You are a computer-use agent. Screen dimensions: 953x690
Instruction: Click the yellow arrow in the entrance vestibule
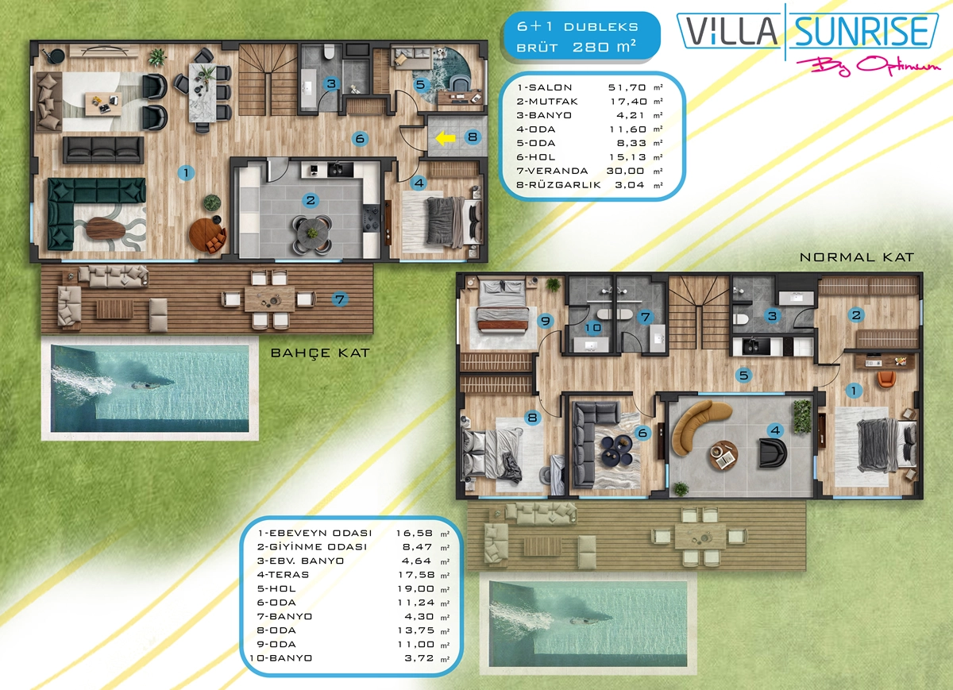(445, 138)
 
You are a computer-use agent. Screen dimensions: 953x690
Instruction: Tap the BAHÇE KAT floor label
(320, 353)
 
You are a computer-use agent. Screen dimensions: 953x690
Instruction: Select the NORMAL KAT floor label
(857, 257)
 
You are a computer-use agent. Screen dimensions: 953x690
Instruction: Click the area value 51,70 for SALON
(627, 87)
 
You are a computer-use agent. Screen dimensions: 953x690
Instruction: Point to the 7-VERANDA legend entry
(552, 171)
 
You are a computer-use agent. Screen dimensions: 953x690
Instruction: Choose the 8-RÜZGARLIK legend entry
(558, 185)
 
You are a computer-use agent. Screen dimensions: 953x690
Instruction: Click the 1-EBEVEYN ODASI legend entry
(314, 533)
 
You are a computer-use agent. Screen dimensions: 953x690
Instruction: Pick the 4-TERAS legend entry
(283, 575)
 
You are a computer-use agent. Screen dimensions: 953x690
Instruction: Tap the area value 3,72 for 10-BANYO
(419, 658)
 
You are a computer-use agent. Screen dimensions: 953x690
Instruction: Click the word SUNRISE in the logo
(861, 32)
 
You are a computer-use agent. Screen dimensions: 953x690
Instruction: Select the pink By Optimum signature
(868, 67)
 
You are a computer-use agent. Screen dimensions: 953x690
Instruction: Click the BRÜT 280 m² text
(577, 46)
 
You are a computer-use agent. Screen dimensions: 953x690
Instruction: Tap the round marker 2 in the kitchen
(311, 200)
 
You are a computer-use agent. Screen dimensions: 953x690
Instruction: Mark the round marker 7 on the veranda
(340, 299)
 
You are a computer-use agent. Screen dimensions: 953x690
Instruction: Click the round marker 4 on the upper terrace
(775, 430)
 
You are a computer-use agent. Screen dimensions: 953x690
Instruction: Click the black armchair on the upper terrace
(772, 453)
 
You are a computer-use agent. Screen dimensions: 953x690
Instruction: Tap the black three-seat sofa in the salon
(103, 150)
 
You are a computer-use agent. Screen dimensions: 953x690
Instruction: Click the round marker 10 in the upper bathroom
(592, 328)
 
